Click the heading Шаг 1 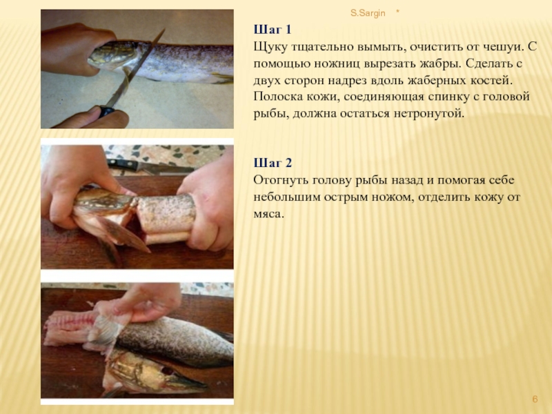tap(273, 29)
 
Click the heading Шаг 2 tap(273, 163)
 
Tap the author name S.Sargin tap(368, 13)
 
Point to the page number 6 tap(535, 399)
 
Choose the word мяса tap(268, 214)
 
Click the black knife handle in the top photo tap(106, 112)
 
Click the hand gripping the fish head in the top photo tap(76, 48)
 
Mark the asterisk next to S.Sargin tap(398, 12)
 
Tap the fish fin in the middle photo tap(124, 234)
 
